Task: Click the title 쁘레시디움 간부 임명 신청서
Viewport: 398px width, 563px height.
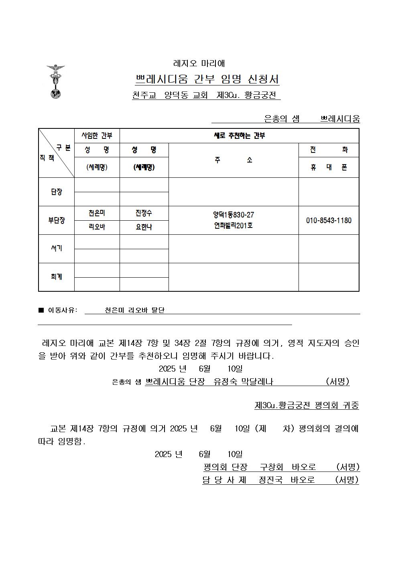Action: [x=207, y=79]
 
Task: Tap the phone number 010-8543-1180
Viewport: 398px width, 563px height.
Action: [x=329, y=220]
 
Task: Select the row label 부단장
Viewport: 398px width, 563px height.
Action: [x=57, y=220]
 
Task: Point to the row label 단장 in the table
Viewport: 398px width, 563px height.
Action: [x=57, y=192]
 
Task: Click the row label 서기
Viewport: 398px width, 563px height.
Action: [x=57, y=249]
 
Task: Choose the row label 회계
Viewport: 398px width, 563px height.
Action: [x=57, y=277]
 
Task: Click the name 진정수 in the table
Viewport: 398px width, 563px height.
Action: [x=144, y=213]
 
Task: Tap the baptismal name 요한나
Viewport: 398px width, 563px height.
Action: [x=144, y=227]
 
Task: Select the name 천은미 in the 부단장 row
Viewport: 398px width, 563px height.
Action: [x=97, y=213]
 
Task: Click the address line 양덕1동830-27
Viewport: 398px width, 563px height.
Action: [x=234, y=215]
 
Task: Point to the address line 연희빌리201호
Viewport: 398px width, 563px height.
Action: [x=234, y=226]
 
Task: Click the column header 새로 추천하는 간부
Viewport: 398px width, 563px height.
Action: [x=239, y=136]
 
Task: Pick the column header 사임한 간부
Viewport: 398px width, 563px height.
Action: [x=97, y=136]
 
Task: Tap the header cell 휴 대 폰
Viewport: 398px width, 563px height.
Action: [x=329, y=167]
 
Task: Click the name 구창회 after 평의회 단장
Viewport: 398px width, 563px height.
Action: [x=272, y=467]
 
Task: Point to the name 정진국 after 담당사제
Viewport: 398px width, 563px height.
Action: [x=271, y=480]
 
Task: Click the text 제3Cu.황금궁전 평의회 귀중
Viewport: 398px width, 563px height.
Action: [x=307, y=405]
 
